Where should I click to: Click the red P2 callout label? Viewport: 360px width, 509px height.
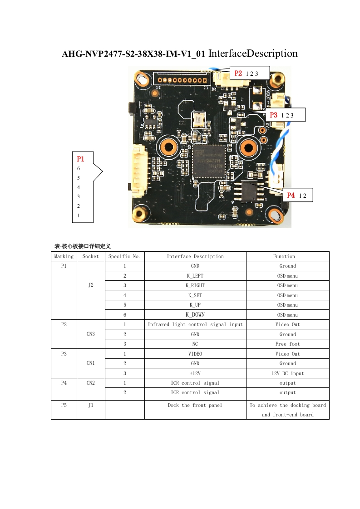(238, 73)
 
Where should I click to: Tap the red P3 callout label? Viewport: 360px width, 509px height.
(274, 115)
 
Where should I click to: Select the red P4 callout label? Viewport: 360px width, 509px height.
(291, 195)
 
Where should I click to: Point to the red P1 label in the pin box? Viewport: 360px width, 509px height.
(80, 159)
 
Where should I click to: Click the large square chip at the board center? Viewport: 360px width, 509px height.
(209, 161)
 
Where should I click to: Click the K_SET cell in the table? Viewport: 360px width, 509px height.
(195, 295)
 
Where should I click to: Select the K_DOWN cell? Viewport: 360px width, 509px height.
(195, 314)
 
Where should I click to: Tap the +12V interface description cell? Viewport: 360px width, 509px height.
(195, 373)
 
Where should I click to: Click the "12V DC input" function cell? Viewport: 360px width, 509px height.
(287, 373)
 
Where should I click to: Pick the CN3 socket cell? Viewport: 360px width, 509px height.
(91, 334)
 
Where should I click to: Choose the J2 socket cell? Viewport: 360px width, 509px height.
(91, 285)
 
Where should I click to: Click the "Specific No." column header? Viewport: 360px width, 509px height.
(124, 256)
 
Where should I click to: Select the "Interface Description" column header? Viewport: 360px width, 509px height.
(195, 256)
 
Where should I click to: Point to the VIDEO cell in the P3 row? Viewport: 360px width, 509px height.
(195, 354)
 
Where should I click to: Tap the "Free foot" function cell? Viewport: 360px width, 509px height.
(287, 344)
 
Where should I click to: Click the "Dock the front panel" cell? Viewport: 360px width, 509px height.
(195, 405)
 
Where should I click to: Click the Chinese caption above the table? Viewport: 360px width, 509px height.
(83, 246)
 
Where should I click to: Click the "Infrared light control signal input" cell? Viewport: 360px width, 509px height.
(195, 324)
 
